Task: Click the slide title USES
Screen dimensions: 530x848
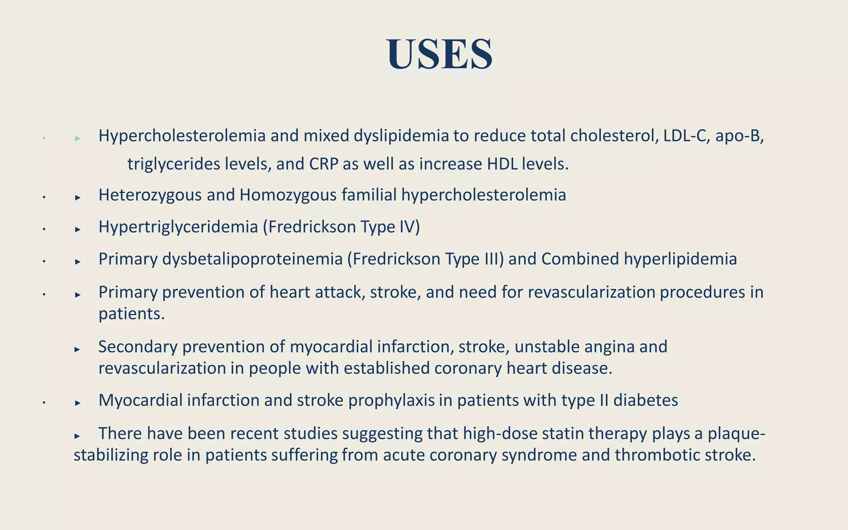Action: coord(439,54)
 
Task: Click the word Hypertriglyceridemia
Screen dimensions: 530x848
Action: coord(178,227)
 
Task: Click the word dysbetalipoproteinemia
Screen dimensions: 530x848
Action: coord(252,259)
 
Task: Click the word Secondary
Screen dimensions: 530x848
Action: coord(137,347)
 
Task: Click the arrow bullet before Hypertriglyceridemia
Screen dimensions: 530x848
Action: coord(77,229)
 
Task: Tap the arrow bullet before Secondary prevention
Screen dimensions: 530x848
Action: coord(77,349)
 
